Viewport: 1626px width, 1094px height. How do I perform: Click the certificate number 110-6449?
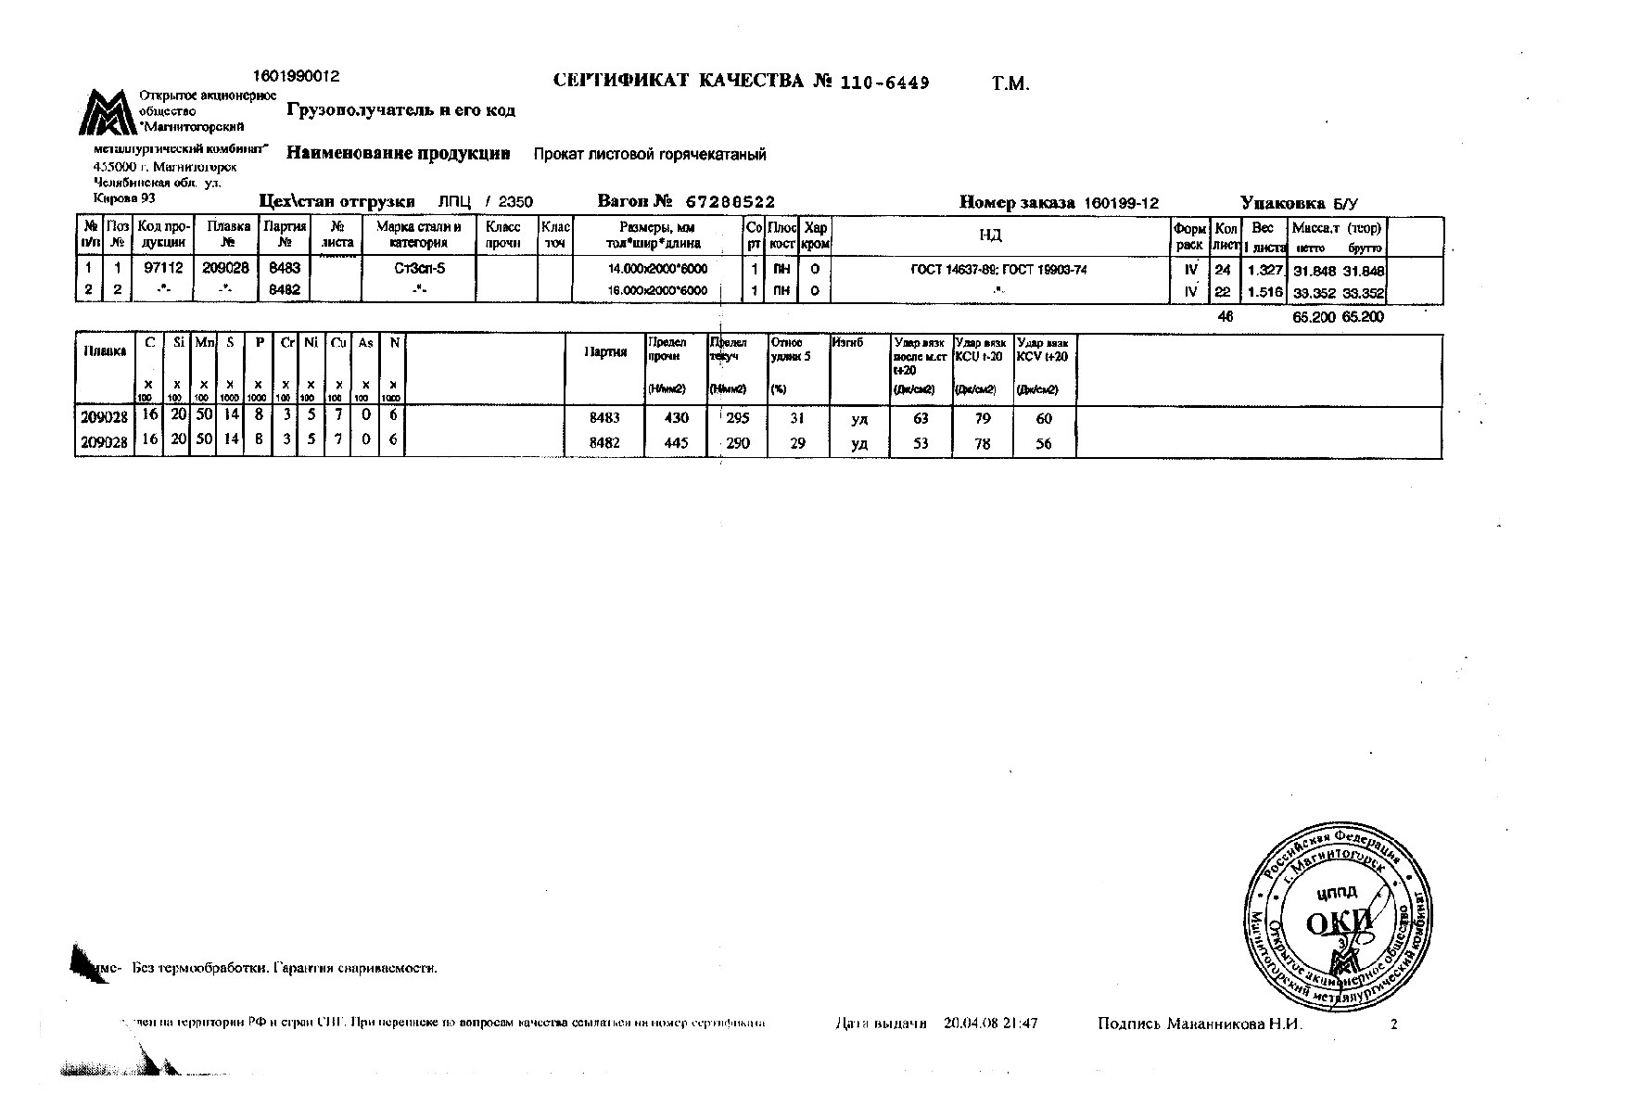point(884,83)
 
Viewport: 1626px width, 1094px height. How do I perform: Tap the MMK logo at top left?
point(108,114)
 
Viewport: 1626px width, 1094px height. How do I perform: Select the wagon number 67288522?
point(730,202)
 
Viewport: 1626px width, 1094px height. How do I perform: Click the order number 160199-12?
point(1121,203)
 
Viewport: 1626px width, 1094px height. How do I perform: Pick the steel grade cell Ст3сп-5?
point(419,269)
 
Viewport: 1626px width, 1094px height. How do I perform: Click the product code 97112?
point(164,269)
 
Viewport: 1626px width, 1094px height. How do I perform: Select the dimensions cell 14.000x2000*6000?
point(657,269)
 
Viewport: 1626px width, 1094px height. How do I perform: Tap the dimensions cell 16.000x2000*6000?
point(657,291)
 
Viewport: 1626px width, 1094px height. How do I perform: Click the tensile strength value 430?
point(677,418)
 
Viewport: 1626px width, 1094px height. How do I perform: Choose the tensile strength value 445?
point(677,443)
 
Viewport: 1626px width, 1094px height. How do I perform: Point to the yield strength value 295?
point(738,418)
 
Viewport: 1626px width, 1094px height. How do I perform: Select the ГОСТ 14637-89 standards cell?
point(999,270)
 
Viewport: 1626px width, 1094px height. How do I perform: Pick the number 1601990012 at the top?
point(296,76)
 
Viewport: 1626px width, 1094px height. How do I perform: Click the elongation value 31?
point(796,418)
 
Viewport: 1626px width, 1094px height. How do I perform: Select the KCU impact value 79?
point(983,418)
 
